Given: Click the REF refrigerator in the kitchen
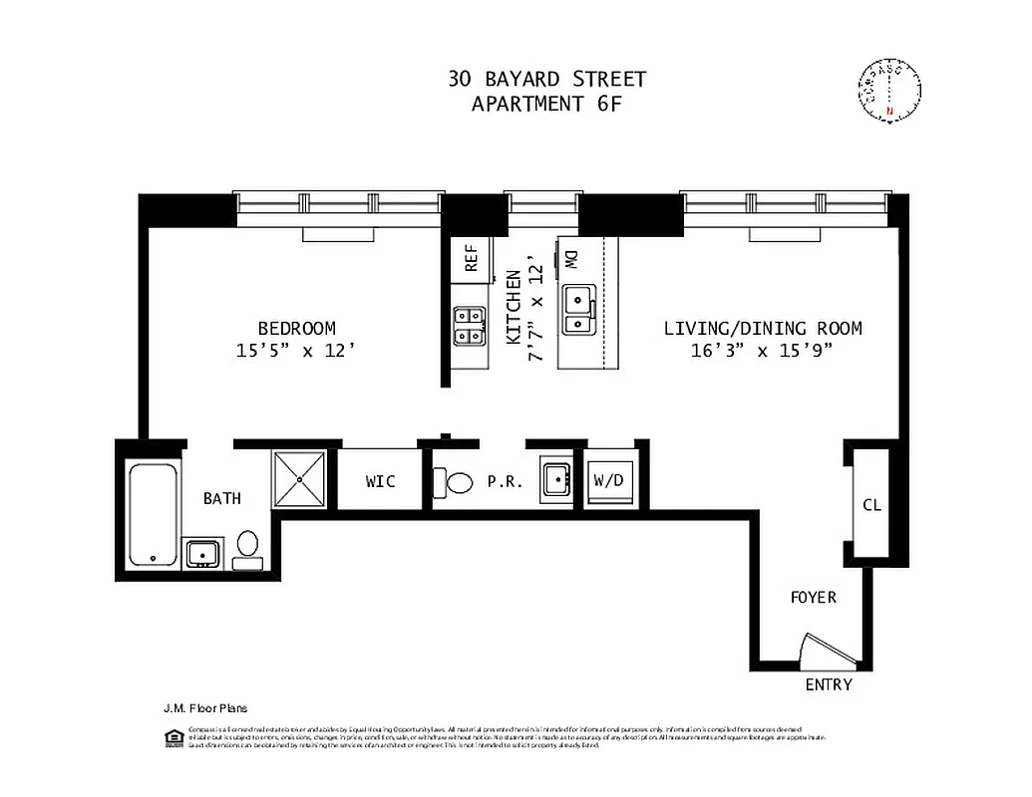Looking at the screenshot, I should [471, 259].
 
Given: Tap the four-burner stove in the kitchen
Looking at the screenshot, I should [469, 326].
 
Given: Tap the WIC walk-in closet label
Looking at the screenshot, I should [380, 482].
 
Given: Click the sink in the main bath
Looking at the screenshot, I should [202, 553].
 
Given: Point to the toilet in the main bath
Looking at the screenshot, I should [247, 549].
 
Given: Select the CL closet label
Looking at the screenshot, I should [871, 505].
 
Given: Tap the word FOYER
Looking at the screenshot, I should [813, 598].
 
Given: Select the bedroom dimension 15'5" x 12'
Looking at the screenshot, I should [296, 351].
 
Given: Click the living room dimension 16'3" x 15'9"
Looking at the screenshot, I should [763, 351].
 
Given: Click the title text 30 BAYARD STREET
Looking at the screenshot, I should [546, 80].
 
